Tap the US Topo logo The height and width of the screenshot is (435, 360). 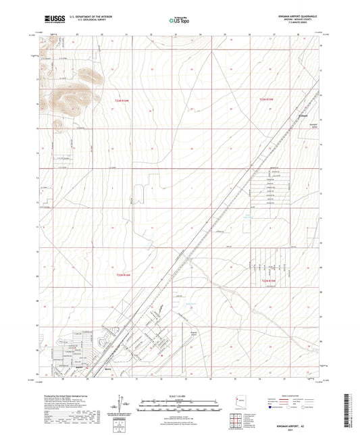click(x=178, y=21)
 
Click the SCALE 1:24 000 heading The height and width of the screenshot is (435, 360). click(x=180, y=394)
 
